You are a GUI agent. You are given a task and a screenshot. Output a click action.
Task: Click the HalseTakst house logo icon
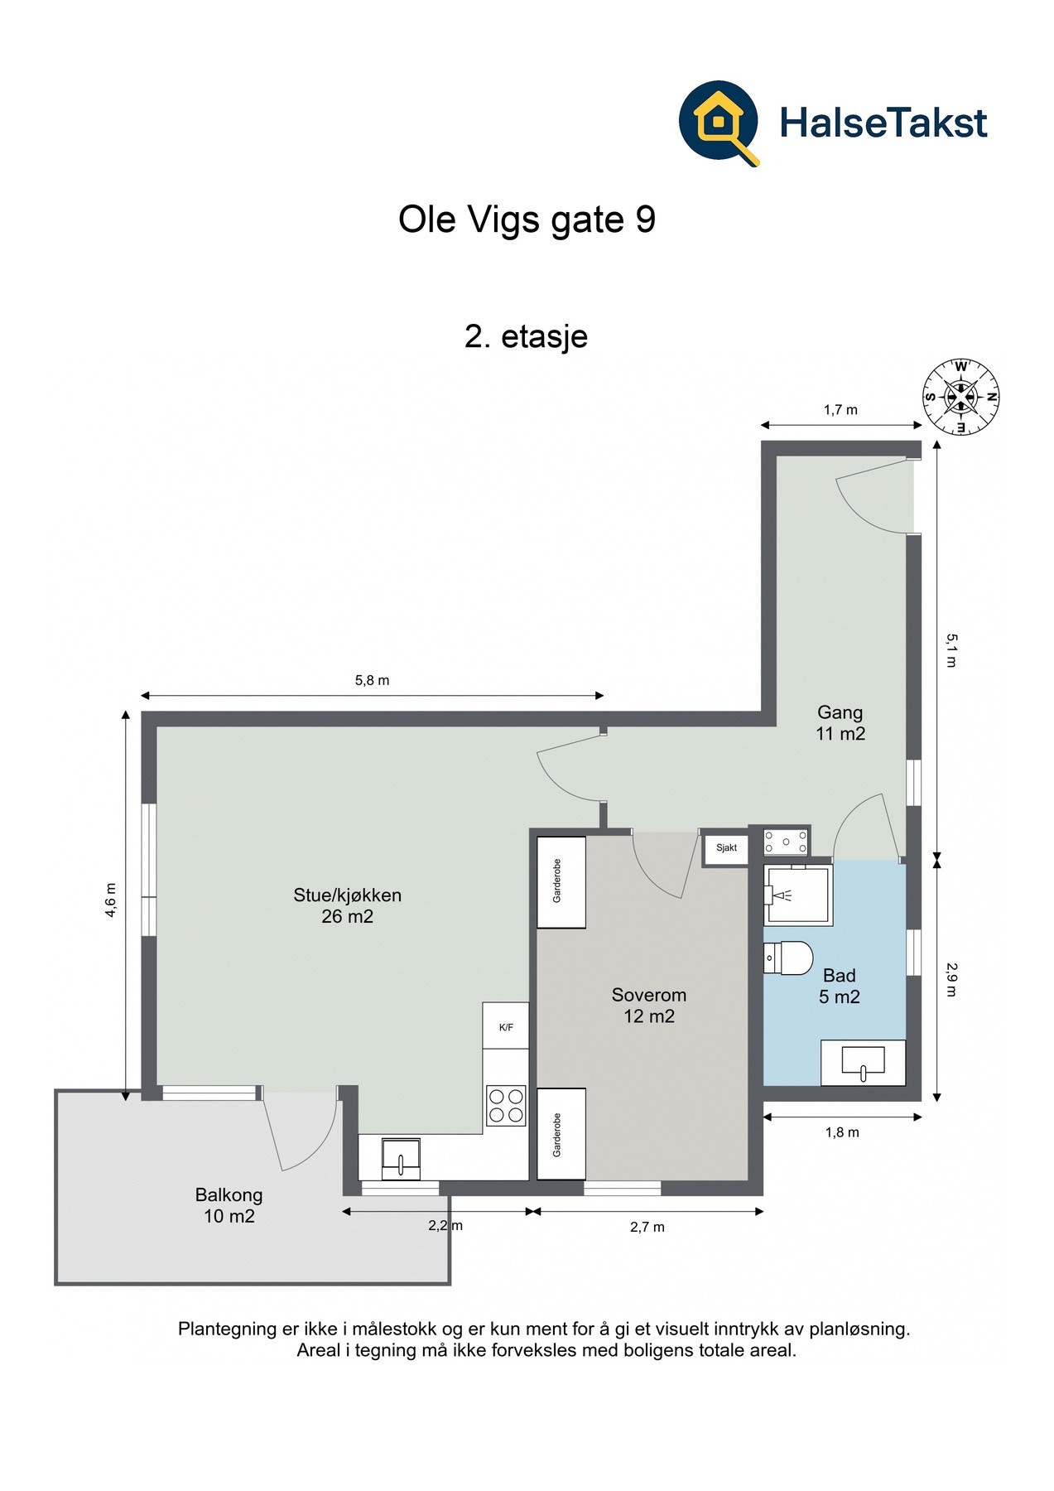pos(719,123)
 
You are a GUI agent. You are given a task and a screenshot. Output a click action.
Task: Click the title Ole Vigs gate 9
pos(527,220)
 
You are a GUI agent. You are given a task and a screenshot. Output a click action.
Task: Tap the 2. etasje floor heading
pos(527,336)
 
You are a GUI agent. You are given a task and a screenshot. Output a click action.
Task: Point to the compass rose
pos(961,396)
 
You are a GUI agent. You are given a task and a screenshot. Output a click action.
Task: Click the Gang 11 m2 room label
pos(840,722)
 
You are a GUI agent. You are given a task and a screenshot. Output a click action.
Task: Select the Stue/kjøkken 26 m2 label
pos(347,905)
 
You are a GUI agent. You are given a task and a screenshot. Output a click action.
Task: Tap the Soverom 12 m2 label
pos(649,1006)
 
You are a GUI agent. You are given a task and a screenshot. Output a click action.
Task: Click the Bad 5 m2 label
pos(839,986)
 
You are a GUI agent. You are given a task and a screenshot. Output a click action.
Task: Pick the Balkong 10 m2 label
pos(229,1205)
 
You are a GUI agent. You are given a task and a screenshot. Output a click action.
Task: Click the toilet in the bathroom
pos(787,958)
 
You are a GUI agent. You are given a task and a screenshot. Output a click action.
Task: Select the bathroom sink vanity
pos(863,1062)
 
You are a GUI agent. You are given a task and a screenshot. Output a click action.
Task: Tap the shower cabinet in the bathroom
pos(798,895)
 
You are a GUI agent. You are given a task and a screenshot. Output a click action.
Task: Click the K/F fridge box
pos(506,1026)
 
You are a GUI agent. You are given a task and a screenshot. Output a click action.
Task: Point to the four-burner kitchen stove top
pos(506,1105)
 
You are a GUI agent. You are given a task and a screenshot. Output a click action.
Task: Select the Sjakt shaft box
pos(726,848)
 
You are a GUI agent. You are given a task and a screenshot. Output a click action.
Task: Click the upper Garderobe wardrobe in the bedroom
pos(561,882)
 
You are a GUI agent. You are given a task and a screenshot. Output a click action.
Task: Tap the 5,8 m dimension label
pos(372,681)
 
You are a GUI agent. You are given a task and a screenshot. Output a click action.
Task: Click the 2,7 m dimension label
pos(647,1227)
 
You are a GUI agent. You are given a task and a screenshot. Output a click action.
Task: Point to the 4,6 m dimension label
pos(111,900)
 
